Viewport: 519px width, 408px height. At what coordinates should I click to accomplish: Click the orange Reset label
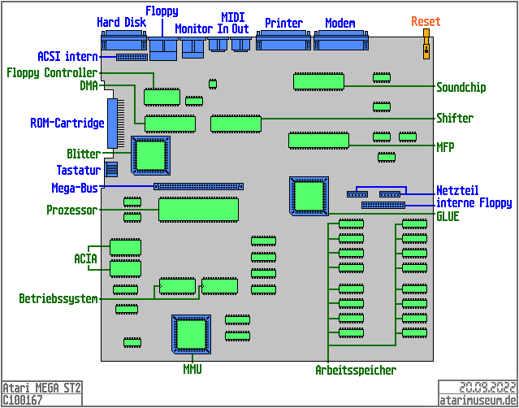[x=426, y=21]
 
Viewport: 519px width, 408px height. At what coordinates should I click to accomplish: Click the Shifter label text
[x=455, y=118]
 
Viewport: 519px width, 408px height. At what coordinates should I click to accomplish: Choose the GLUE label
[x=448, y=217]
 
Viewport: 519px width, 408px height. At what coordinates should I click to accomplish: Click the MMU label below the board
[x=192, y=370]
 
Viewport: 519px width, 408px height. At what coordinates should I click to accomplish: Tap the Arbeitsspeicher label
[x=356, y=371]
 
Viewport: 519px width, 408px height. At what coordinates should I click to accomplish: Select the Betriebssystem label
[x=58, y=299]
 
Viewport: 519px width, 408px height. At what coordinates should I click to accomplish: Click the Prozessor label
[x=72, y=211]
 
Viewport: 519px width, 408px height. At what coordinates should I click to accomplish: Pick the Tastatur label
[x=78, y=171]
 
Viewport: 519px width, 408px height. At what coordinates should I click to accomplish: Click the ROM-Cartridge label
[x=67, y=124]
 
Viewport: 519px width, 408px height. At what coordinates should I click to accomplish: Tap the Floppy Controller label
[x=52, y=72]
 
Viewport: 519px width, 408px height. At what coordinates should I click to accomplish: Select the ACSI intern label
[x=67, y=57]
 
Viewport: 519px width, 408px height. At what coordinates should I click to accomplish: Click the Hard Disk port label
[x=121, y=23]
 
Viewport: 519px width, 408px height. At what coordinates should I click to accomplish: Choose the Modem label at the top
[x=340, y=24]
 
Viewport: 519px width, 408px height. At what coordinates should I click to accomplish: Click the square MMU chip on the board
[x=192, y=334]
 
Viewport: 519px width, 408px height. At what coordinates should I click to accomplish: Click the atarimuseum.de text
[x=478, y=400]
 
